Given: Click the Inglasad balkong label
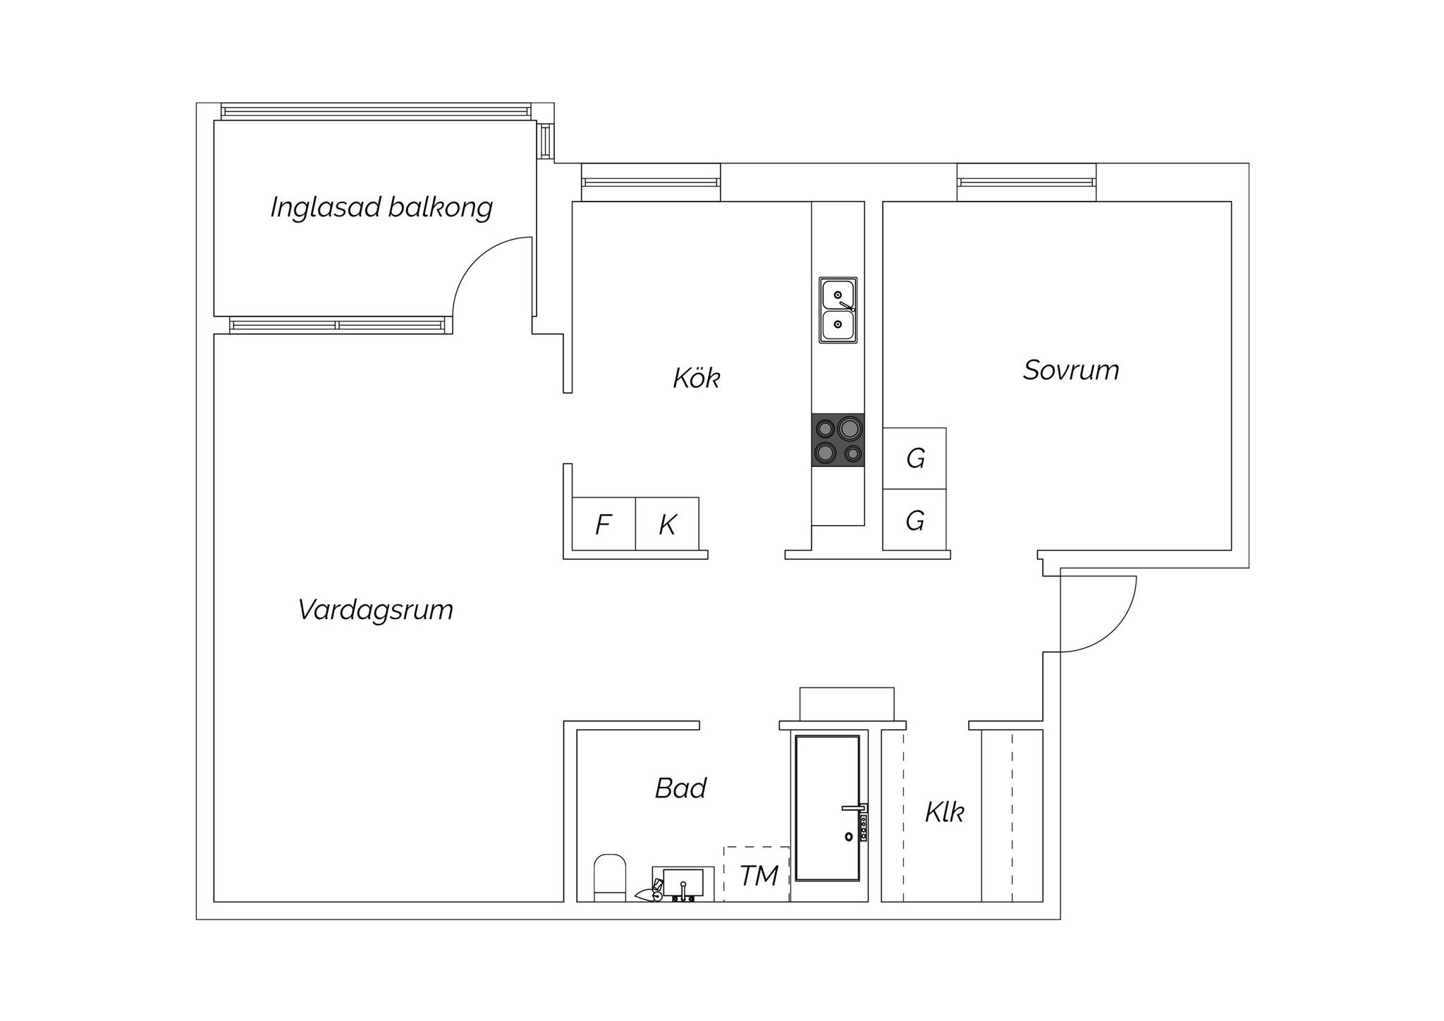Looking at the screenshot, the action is coord(381,208).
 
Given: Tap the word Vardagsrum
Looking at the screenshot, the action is coord(375,610).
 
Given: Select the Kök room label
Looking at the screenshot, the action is coord(696,378).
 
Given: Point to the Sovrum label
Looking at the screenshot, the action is coord(1071,370).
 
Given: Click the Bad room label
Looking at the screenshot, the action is coord(680,788).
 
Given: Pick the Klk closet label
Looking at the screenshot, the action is coord(944,812).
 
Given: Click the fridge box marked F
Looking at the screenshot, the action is coord(604,524).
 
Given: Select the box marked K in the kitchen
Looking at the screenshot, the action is coord(667,524).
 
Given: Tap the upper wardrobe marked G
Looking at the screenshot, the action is coord(914,458).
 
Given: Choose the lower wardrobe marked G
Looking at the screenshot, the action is coord(914,520).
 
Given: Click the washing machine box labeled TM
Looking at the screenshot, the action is coord(757,874).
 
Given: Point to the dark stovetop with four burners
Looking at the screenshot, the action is coord(838,440).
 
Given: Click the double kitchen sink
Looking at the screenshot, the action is coord(838,310).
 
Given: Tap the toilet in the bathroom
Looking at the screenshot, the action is coord(610,878).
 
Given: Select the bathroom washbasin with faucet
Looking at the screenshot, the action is coord(683,884).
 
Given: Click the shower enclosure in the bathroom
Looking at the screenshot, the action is coord(828,808).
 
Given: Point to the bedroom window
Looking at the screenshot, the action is coord(1027,182).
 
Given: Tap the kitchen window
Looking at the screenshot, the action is coord(651,182).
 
